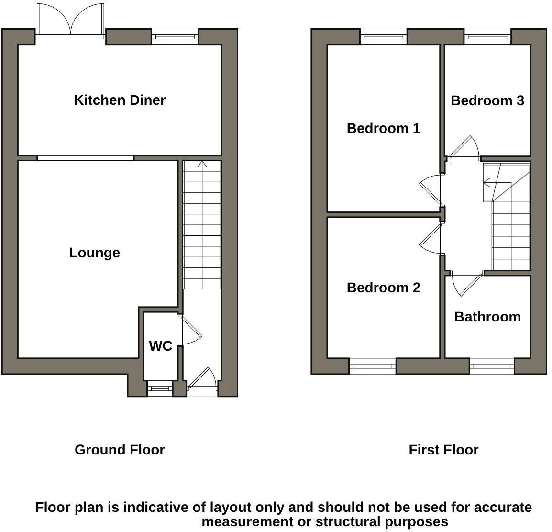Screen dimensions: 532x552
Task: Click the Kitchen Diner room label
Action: point(120,100)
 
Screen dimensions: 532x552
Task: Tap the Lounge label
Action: point(94,253)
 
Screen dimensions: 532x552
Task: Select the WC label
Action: point(160,346)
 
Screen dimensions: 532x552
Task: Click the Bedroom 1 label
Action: point(383,128)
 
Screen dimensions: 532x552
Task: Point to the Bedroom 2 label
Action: point(383,288)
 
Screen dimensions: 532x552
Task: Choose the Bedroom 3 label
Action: point(487,100)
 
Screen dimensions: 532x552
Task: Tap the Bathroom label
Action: point(487,317)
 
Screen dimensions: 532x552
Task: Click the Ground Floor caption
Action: point(120,450)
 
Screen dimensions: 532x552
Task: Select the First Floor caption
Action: point(443,450)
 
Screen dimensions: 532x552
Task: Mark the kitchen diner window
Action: point(175,36)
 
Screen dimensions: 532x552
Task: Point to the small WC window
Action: point(159,388)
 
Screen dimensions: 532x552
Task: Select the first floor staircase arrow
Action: point(487,182)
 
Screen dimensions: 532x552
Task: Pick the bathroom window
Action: point(492,366)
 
